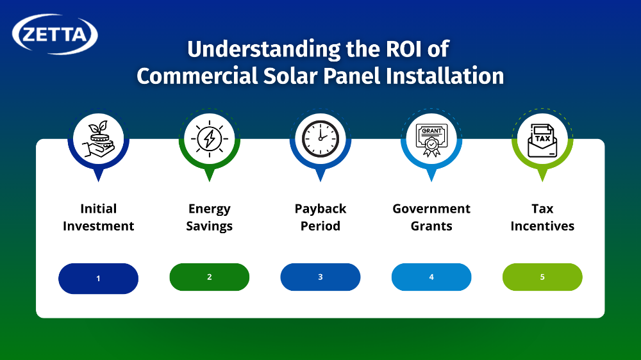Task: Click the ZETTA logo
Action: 55,34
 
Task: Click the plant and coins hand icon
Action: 98,139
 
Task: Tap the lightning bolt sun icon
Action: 209,139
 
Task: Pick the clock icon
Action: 320,139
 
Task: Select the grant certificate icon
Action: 431,139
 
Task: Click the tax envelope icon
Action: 542,139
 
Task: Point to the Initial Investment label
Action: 98,217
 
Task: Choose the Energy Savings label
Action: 209,217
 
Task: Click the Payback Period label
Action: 320,217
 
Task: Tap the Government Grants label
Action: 431,217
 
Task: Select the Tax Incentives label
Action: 542,217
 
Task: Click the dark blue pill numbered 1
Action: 98,278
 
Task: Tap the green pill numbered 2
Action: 209,277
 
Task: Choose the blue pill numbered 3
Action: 320,277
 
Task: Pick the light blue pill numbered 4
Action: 431,277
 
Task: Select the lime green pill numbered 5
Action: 542,277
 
